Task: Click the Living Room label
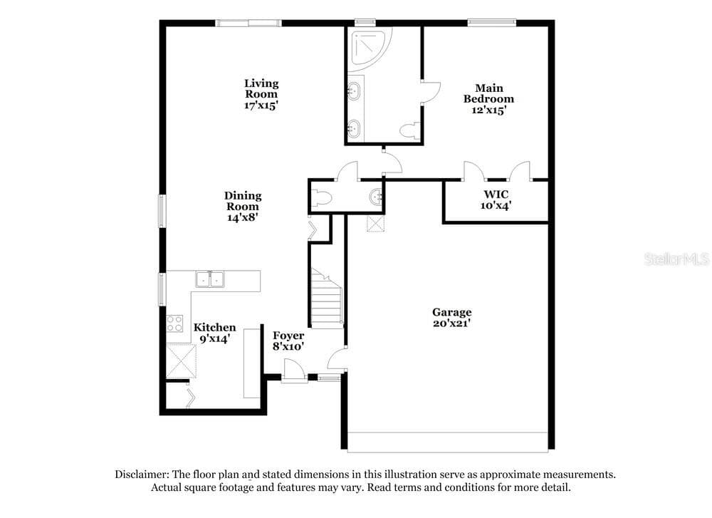click(261, 88)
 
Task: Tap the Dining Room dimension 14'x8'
click(243, 217)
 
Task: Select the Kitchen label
click(215, 327)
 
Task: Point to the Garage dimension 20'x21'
click(451, 323)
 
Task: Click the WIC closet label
click(496, 194)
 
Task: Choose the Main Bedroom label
click(488, 93)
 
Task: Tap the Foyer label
click(288, 336)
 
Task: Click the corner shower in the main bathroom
click(370, 49)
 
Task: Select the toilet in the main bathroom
click(410, 130)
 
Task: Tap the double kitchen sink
click(210, 279)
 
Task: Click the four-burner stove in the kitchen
click(174, 323)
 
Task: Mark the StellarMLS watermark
click(676, 259)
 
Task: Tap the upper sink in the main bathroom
click(354, 91)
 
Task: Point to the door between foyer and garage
click(337, 359)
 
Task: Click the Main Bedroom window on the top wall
click(492, 22)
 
